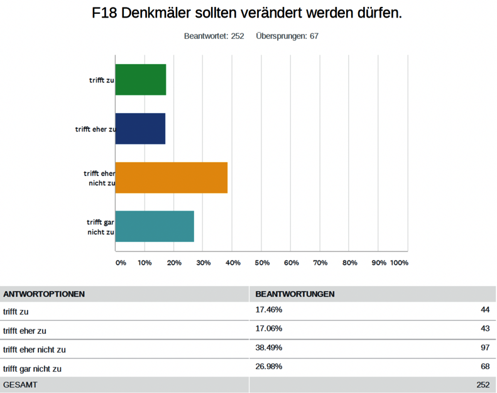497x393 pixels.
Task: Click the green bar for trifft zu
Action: [141, 80]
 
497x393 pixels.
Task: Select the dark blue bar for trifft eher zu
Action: [140, 129]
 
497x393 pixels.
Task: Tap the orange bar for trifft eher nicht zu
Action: [172, 178]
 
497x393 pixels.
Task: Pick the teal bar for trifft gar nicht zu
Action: [155, 226]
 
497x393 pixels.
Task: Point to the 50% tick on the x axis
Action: [262, 262]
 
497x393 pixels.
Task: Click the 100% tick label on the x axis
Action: [399, 262]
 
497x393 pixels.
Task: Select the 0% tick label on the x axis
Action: [121, 262]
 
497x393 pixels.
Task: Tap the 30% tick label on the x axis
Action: [204, 262]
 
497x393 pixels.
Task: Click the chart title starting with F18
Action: [247, 13]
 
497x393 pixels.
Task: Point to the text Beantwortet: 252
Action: [214, 36]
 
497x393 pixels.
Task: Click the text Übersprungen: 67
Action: [287, 36]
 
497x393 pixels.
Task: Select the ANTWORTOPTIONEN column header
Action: [44, 294]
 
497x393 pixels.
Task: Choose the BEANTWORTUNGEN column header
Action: [295, 294]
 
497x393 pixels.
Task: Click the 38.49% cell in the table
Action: [268, 348]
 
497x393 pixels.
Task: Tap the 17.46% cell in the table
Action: [268, 310]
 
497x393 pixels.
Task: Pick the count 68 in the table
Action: [484, 367]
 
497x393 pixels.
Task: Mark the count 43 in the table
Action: [484, 329]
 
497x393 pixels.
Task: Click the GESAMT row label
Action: [20, 385]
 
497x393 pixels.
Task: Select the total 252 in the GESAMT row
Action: [482, 385]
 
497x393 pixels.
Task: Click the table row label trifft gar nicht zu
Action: [33, 368]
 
